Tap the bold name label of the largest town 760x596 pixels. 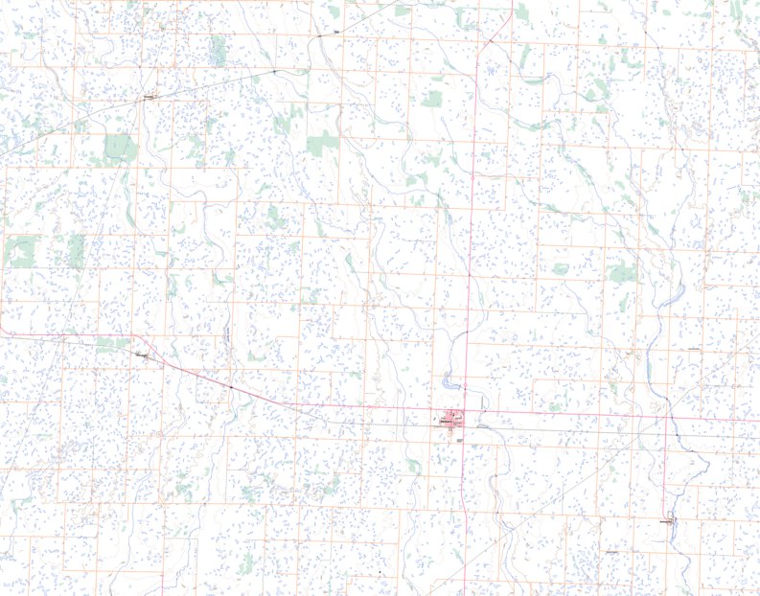pyautogui.click(x=445, y=419)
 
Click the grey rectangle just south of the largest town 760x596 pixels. pyautogui.click(x=459, y=438)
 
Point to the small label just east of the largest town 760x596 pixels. pyautogui.click(x=482, y=425)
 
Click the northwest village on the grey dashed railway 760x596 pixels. pyautogui.click(x=150, y=98)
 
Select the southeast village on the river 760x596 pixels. pyautogui.click(x=669, y=522)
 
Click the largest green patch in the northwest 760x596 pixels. pyautogui.click(x=121, y=147)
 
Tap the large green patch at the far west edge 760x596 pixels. pyautogui.click(x=19, y=251)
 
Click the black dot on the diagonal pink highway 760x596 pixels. pyautogui.click(x=231, y=387)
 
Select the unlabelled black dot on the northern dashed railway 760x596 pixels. pyautogui.click(x=273, y=72)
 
